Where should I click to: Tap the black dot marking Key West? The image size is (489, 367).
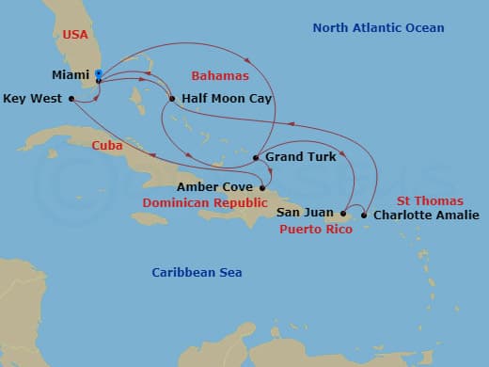(72, 98)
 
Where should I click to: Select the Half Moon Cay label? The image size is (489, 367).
(219, 99)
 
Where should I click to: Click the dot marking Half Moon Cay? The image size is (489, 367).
(172, 99)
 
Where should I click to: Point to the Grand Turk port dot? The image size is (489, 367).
(257, 157)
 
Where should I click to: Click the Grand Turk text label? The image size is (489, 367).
(301, 157)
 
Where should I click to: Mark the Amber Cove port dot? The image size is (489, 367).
(262, 188)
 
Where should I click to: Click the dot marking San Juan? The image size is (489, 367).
(344, 213)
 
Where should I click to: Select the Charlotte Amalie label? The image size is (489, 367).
(426, 215)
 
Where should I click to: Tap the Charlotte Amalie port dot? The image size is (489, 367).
(365, 215)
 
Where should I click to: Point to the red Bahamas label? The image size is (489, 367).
(219, 74)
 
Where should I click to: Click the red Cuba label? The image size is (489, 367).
(107, 145)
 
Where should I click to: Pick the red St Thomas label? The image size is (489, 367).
(430, 200)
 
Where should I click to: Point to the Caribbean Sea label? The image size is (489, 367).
(197, 273)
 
